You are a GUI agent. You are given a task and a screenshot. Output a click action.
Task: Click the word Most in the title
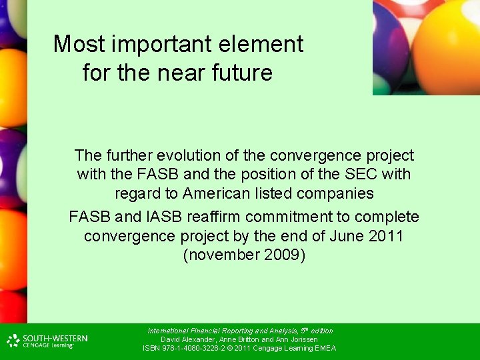tap(71, 45)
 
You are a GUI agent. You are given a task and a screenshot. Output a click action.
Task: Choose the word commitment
tap(301, 217)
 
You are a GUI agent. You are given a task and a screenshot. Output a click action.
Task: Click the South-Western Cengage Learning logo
tap(47, 341)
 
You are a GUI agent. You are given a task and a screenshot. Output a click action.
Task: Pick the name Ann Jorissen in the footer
tap(296, 339)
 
